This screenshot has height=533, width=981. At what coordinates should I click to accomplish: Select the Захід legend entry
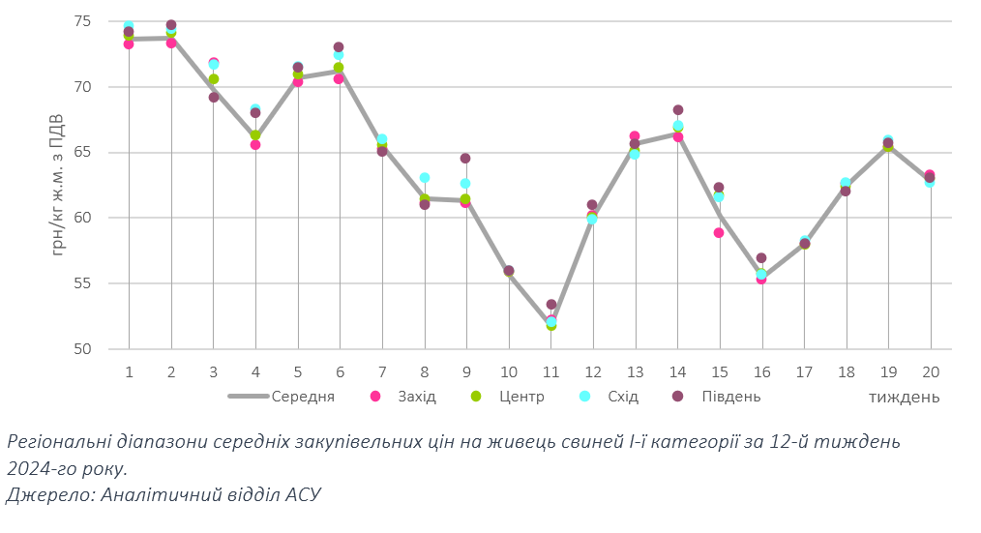point(416,397)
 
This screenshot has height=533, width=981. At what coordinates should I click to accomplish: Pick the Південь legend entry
point(729,397)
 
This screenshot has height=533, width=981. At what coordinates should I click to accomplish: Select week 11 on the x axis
point(551,371)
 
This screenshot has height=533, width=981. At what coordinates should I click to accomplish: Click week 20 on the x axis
point(931,371)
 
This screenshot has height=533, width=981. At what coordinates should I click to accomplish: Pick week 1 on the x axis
point(129,371)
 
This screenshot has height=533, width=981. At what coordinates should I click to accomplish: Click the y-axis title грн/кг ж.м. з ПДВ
point(58,185)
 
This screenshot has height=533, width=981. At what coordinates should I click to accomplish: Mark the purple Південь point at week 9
point(465,158)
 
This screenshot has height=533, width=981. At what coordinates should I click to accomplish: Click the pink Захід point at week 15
point(719,232)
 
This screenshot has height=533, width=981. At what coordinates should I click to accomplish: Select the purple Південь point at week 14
point(677,109)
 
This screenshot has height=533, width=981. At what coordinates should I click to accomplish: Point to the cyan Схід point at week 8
point(424,178)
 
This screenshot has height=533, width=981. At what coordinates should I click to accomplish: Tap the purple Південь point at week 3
point(213,97)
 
